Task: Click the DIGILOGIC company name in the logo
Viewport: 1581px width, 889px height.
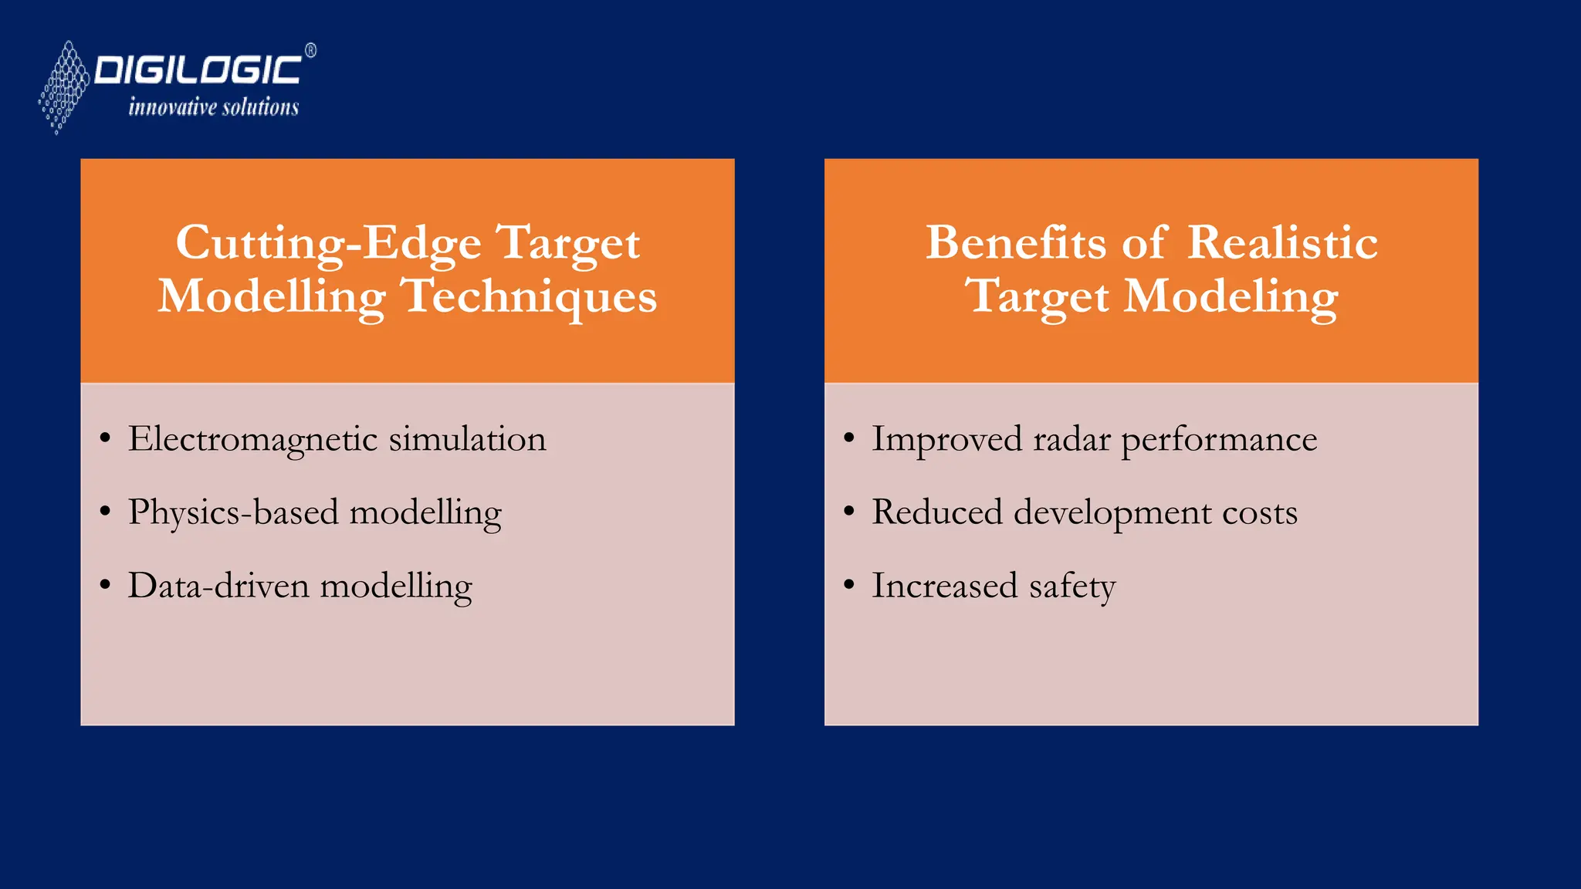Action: (x=198, y=70)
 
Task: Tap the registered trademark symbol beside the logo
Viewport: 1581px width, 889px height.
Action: (x=310, y=51)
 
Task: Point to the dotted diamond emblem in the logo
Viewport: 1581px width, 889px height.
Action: (x=64, y=86)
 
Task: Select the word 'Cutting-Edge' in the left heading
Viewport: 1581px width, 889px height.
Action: (x=328, y=243)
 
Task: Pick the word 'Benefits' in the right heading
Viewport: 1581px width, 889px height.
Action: (x=1016, y=243)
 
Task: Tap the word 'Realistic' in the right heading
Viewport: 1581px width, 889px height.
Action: (x=1282, y=243)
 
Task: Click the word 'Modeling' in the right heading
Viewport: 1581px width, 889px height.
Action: (x=1231, y=297)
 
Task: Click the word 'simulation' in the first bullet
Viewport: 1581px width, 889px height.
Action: (x=467, y=439)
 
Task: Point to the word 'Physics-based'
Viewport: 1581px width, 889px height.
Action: (x=233, y=512)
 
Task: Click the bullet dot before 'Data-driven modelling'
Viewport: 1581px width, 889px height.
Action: (x=105, y=585)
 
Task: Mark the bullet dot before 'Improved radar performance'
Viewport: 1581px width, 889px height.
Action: (x=849, y=438)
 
